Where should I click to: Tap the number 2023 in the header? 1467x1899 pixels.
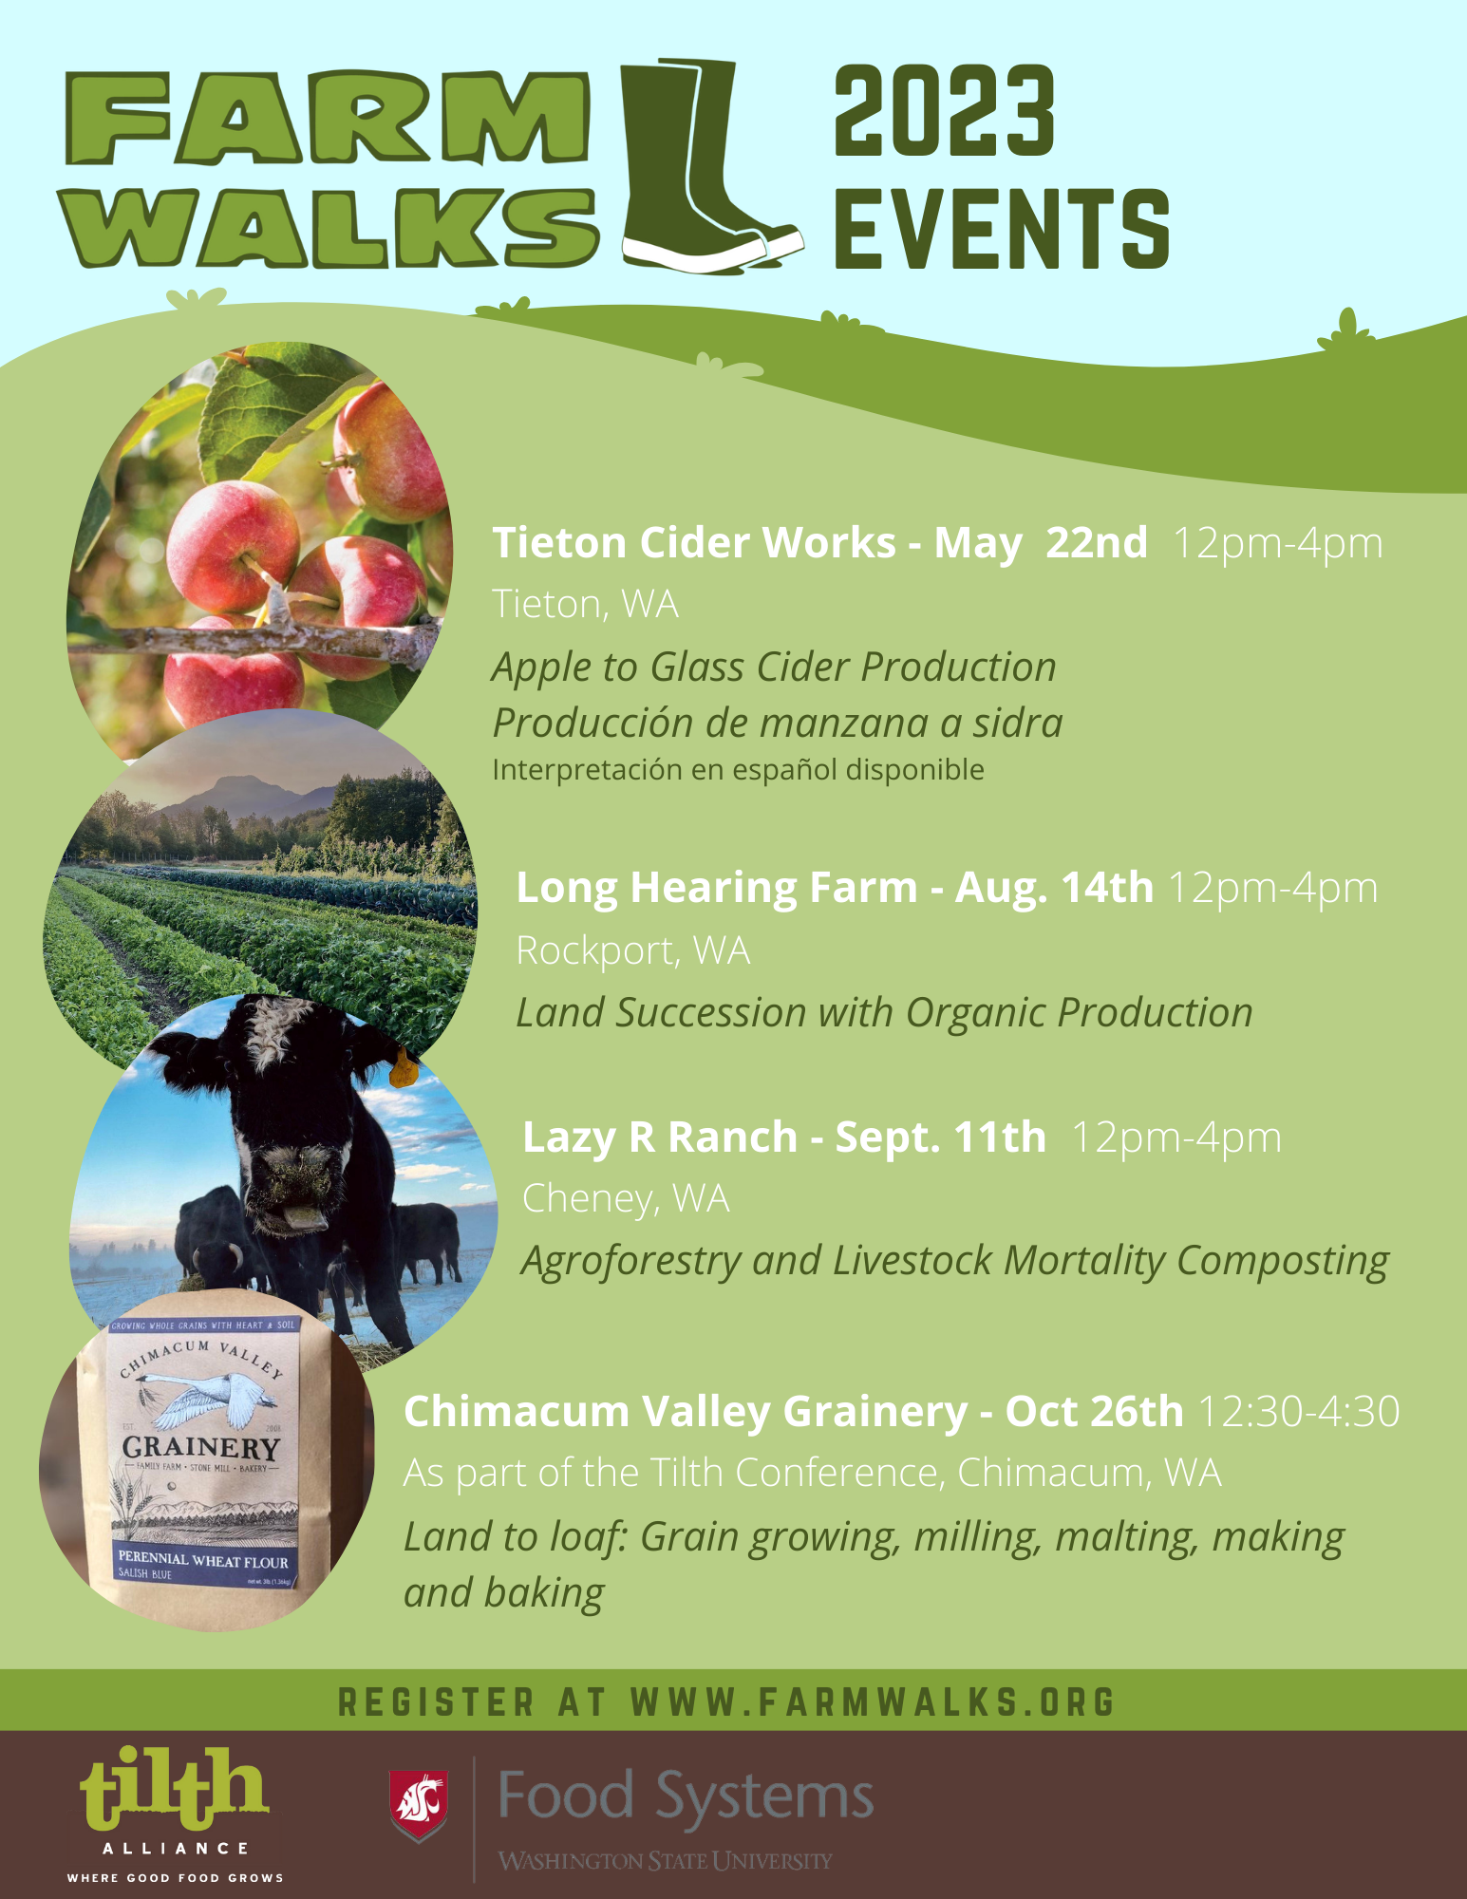coord(944,111)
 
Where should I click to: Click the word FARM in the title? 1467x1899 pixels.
coord(328,119)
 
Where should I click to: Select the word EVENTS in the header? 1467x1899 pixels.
coord(1002,229)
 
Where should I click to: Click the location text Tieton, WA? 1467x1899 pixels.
coord(585,605)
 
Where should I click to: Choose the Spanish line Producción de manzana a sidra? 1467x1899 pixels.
coord(777,724)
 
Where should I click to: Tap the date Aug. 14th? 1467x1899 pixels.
coord(1054,889)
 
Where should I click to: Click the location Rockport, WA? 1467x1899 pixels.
coord(632,950)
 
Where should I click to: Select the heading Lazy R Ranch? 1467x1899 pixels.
coord(660,1138)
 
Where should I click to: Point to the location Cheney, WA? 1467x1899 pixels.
coord(626,1199)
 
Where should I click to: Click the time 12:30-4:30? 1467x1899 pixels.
coord(1298,1412)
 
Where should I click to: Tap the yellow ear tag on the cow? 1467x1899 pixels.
coord(404,1069)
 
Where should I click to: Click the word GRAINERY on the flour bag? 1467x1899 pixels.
coord(200,1448)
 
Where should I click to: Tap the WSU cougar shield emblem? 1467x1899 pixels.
coord(419,1805)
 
